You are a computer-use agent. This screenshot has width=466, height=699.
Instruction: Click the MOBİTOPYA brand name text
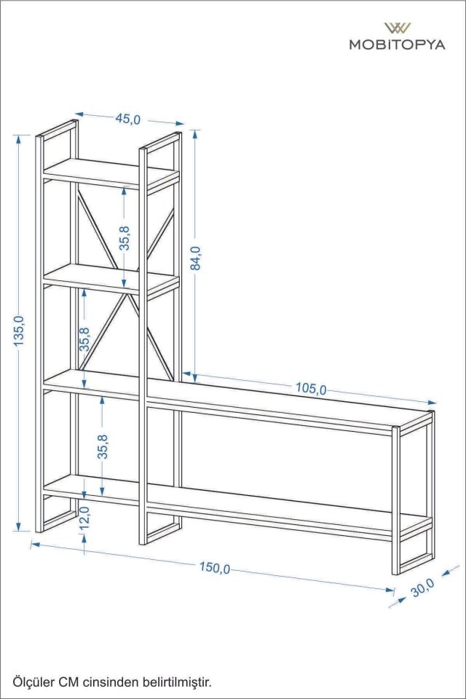397,44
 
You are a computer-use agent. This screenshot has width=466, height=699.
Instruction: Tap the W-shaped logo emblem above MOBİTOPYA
398,28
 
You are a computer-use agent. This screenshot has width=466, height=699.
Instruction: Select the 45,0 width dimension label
128,119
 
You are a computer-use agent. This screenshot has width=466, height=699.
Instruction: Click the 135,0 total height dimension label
19,331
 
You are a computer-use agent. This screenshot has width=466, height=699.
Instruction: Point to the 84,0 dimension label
195,258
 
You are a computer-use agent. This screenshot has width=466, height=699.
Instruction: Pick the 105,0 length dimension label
311,389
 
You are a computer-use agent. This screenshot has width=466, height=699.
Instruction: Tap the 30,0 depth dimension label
422,588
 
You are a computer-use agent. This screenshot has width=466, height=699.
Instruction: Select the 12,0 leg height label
84,518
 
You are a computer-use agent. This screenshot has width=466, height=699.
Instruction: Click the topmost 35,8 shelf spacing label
125,237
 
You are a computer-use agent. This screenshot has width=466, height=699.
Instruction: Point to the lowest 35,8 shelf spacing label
103,446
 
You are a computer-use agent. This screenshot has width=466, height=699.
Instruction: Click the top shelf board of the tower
111,173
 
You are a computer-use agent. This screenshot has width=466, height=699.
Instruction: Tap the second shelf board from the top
111,279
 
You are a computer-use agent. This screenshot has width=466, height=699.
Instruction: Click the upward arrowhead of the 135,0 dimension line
18,138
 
